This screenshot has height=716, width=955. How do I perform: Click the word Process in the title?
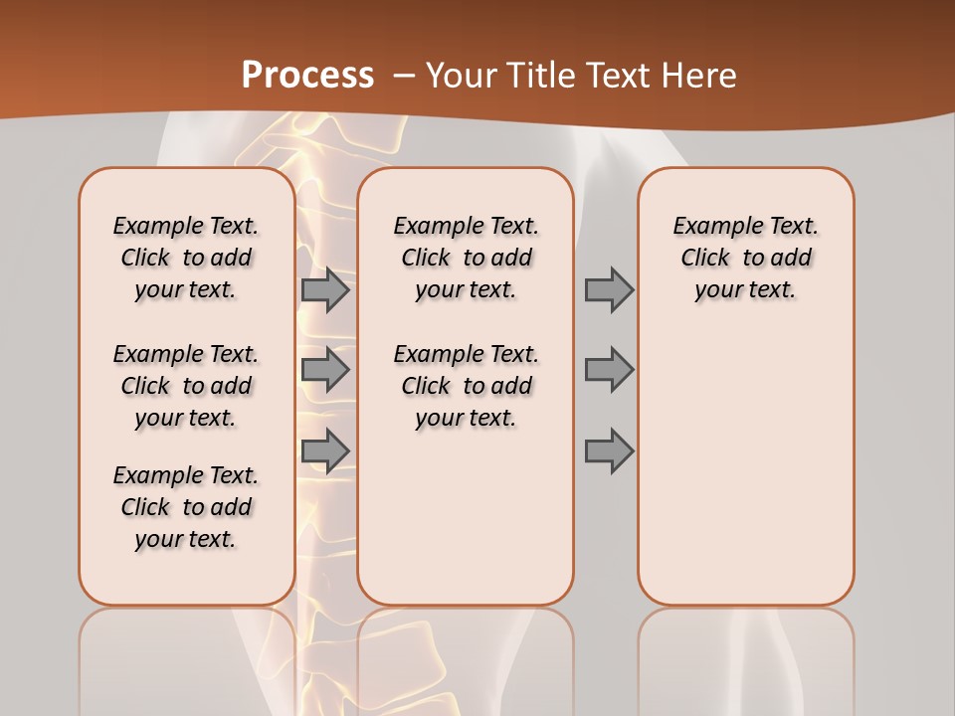point(307,75)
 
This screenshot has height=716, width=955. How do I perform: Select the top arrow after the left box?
point(325,290)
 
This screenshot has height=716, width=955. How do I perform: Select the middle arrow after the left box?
point(325,370)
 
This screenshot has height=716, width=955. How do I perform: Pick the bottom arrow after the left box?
point(325,450)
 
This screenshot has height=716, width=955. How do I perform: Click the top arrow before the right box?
point(609,290)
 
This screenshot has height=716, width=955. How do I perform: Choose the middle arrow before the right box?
point(609,370)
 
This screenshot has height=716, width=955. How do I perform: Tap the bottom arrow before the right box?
point(609,450)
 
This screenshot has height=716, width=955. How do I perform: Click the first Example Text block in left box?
point(186,258)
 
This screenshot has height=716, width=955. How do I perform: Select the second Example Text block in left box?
point(186,386)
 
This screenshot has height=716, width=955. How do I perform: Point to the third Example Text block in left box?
point(186,507)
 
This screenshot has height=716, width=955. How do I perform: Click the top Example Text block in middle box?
point(466,258)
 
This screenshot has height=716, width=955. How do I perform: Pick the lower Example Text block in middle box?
point(466,386)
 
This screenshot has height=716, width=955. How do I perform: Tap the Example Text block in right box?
point(745,258)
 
